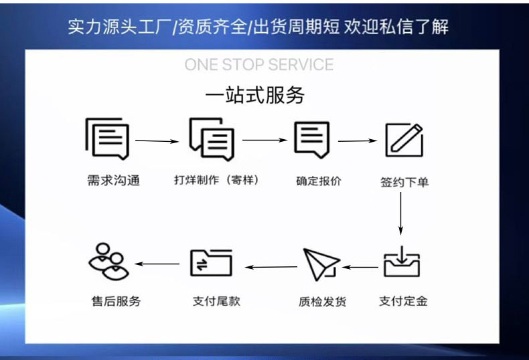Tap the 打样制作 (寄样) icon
tap(212, 139)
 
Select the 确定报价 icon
tap(313, 139)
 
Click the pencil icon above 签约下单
tap(404, 140)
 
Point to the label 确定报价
tap(319, 181)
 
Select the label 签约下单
tap(404, 182)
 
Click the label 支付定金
tap(403, 301)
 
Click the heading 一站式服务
tap(254, 96)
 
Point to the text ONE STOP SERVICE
tap(258, 65)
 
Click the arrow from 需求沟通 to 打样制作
tap(158, 141)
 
